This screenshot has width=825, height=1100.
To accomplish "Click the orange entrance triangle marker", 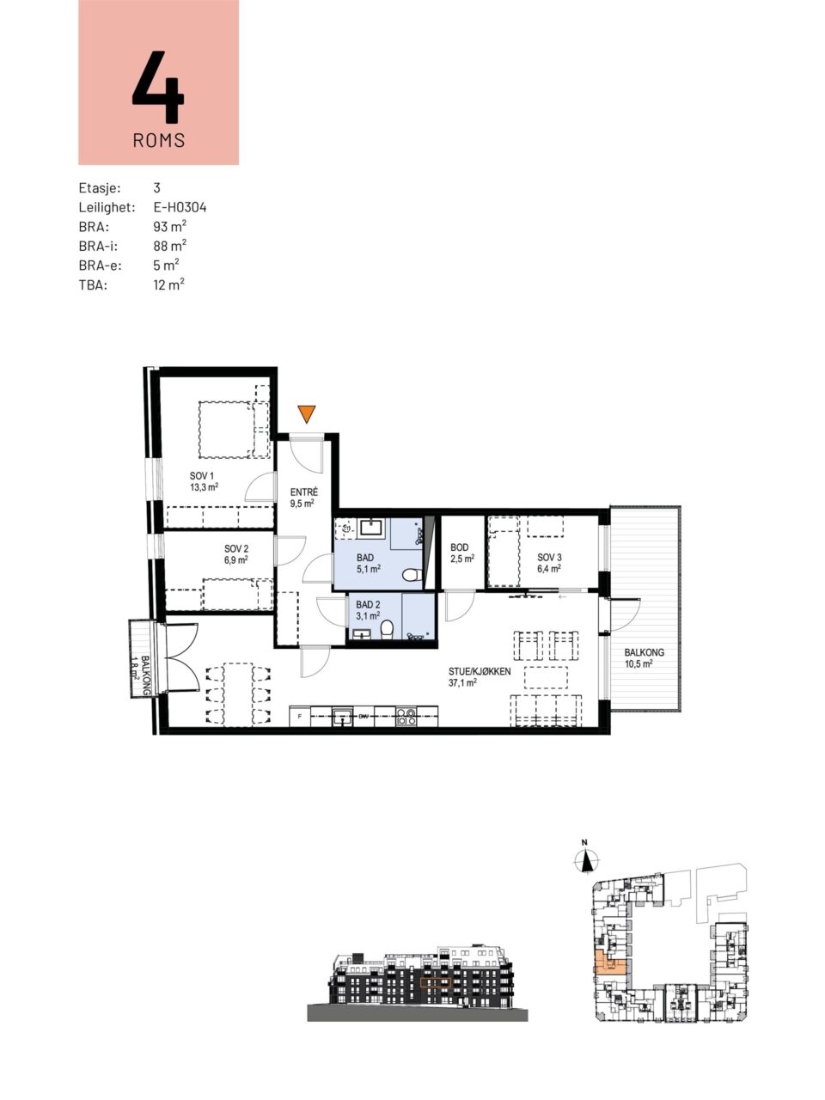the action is [306, 413].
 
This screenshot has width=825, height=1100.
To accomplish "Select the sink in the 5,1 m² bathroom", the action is [370, 527].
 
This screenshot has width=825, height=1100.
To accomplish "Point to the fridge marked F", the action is [300, 716].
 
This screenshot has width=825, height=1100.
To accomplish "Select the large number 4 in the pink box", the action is [158, 86].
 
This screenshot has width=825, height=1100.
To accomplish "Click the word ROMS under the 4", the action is [159, 140].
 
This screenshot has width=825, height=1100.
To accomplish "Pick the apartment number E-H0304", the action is [180, 207].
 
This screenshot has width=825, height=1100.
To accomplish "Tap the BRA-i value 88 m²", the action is [170, 246].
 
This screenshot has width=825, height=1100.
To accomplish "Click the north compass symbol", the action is [586, 860].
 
